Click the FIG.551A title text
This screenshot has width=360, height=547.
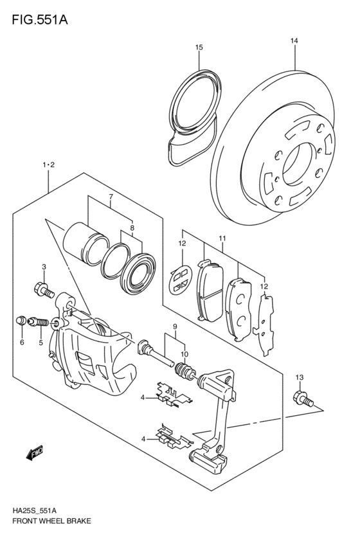click(x=40, y=20)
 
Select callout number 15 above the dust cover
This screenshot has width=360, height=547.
click(x=199, y=47)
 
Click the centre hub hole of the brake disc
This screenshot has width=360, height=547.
click(x=296, y=164)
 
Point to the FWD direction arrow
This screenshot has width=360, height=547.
click(x=34, y=452)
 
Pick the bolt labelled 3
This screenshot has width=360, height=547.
click(x=44, y=289)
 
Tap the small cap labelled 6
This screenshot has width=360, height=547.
click(x=22, y=320)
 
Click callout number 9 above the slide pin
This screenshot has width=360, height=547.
click(x=175, y=327)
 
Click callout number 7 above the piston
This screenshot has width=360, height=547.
click(x=111, y=197)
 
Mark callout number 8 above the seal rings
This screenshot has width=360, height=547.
click(x=132, y=228)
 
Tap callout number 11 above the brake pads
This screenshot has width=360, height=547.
click(x=222, y=238)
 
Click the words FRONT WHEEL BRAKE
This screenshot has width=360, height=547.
click(x=51, y=521)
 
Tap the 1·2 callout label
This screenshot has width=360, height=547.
click(x=48, y=165)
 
